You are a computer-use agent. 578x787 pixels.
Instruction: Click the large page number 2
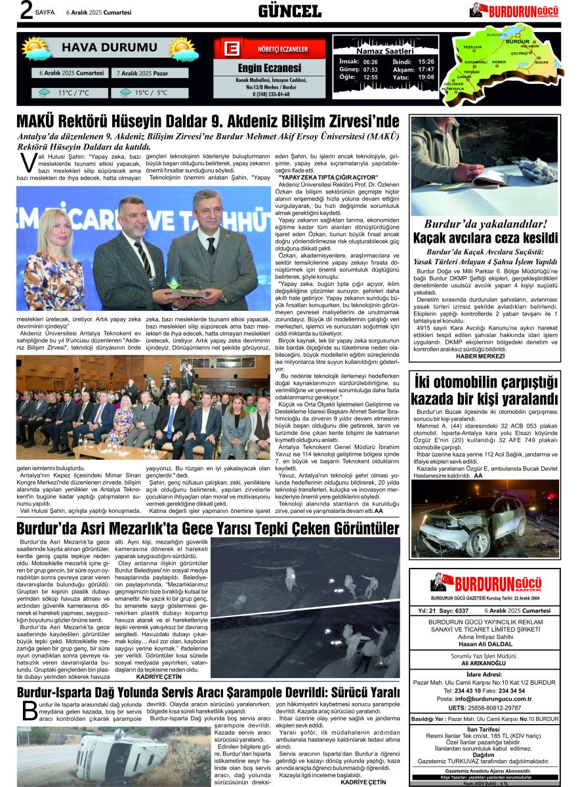(x=26, y=10)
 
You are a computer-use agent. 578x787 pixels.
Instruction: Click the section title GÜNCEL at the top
(x=289, y=11)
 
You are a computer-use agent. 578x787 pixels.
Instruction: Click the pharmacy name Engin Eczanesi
(x=269, y=68)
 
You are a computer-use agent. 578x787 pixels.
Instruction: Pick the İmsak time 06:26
(x=370, y=61)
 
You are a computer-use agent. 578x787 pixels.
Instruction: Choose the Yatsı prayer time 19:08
(x=426, y=77)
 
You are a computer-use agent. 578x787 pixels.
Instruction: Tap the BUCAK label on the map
(x=541, y=62)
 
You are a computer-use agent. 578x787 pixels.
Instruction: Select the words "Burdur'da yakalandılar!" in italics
(x=484, y=224)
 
